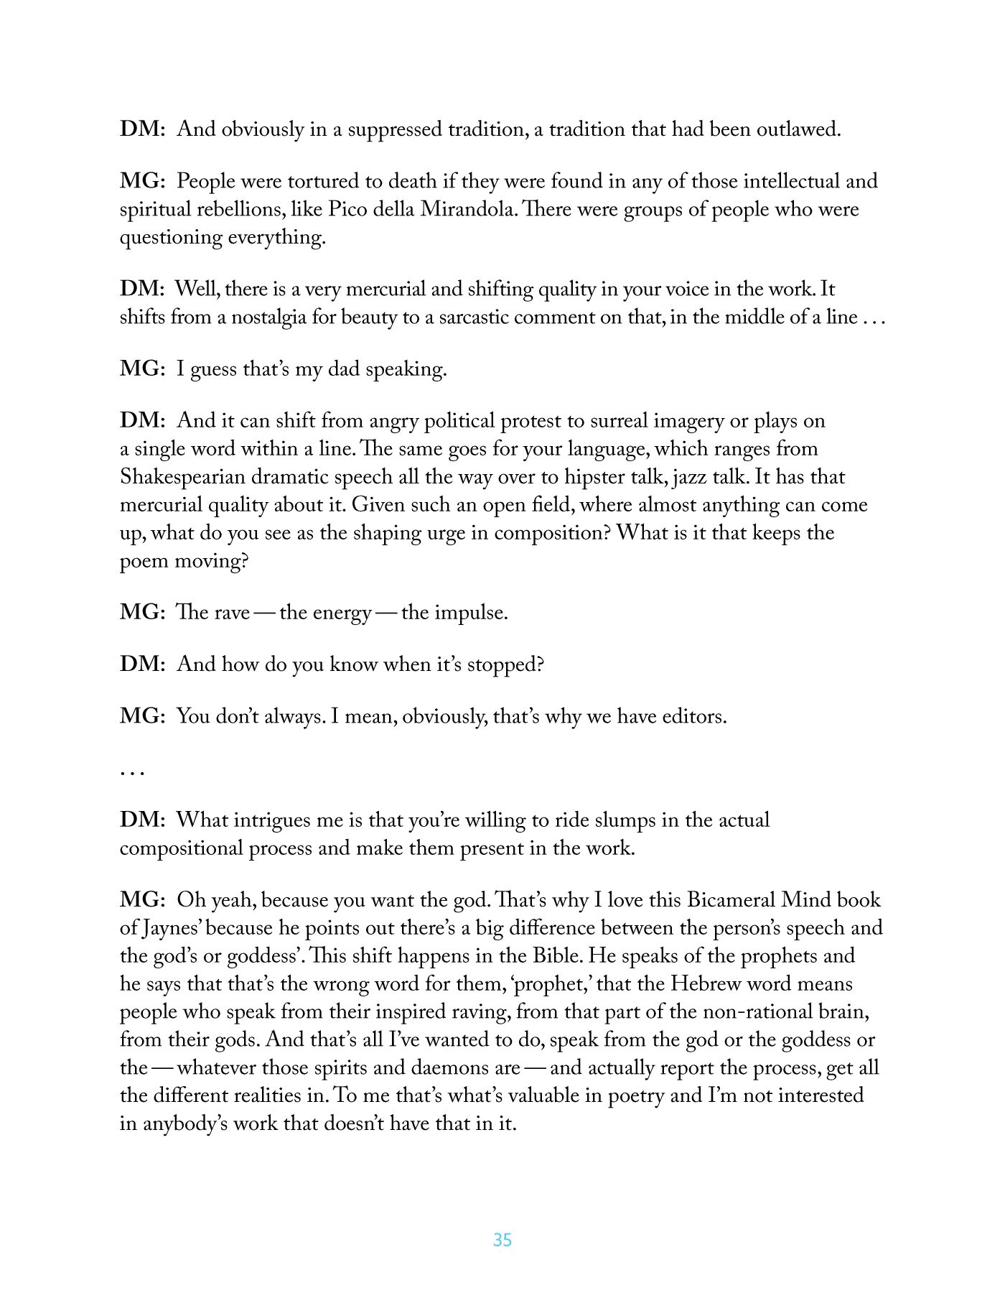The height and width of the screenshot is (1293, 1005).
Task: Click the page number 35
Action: (502, 1239)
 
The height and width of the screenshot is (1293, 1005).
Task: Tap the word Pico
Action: (348, 209)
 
